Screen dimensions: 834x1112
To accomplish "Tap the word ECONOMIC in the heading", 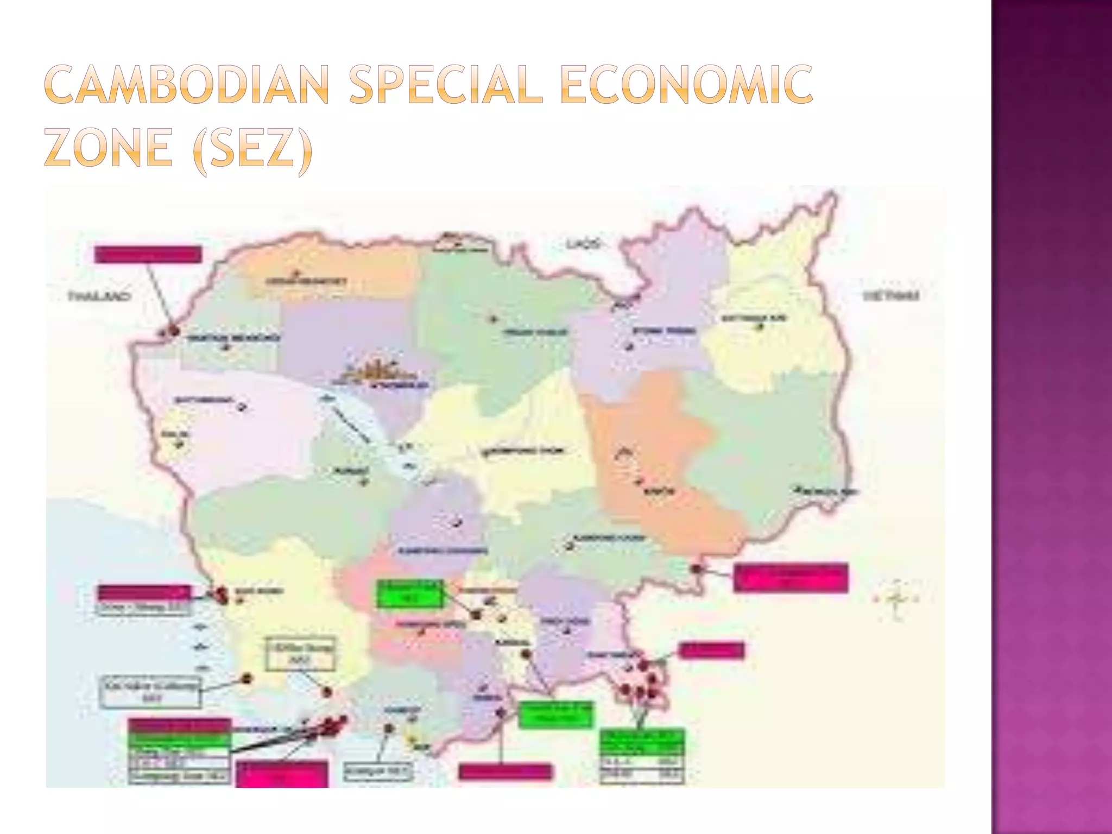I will [686, 84].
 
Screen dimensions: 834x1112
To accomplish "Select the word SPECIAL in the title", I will [445, 84].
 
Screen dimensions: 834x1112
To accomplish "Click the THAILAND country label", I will [99, 296].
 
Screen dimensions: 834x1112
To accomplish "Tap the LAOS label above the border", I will [583, 244].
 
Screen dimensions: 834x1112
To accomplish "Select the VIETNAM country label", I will [890, 296].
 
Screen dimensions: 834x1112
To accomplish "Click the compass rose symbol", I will [896, 599].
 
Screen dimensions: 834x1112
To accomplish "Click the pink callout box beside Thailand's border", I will [148, 255].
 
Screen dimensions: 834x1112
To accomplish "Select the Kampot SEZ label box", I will [378, 771].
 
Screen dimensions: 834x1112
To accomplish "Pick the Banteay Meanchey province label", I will [234, 338].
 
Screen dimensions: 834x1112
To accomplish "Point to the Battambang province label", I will [204, 401].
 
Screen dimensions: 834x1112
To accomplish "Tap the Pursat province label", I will [343, 471].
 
